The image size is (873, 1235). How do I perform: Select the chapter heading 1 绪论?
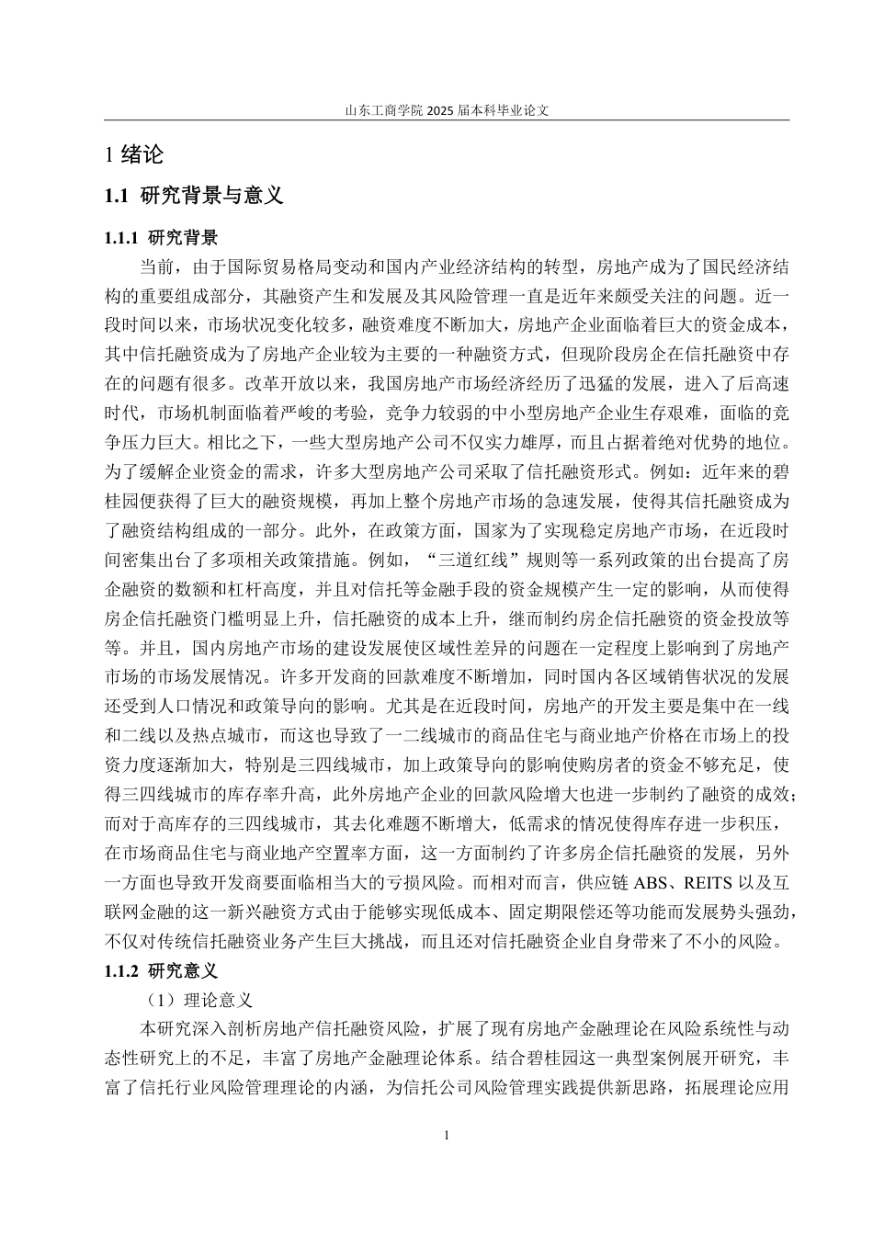134,155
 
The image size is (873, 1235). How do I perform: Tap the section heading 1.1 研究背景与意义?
194,196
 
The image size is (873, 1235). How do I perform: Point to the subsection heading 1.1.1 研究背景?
161,238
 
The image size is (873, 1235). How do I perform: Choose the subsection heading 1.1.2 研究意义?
161,970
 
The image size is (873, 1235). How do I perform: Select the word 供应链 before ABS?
599,885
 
